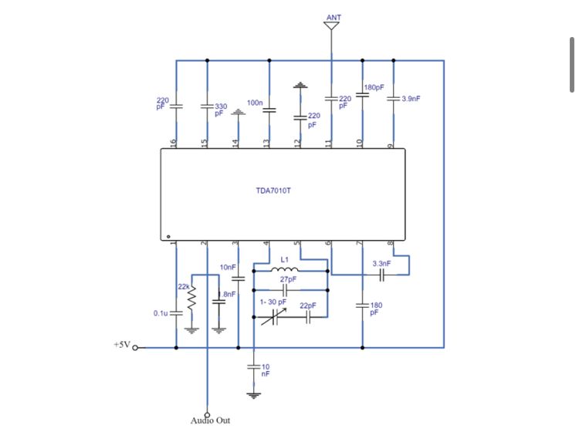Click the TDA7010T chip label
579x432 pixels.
273,191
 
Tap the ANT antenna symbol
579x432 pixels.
332,25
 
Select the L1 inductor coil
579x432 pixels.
284,269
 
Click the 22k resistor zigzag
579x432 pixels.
191,298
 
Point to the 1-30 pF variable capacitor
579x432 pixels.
274,317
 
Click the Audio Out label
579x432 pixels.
210,420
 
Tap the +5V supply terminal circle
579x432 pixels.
135,347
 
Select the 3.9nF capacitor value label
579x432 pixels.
411,99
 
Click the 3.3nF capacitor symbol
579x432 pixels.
382,275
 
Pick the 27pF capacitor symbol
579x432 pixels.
284,290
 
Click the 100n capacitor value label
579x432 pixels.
255,103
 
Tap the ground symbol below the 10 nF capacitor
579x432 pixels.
254,396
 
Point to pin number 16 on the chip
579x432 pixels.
173,143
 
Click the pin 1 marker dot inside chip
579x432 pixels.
168,237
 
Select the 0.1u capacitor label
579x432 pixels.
161,313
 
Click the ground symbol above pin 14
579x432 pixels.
239,112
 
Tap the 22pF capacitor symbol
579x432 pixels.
308,317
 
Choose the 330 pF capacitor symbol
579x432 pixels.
207,106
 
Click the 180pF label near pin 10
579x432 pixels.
374,87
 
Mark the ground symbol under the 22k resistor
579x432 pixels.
191,330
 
